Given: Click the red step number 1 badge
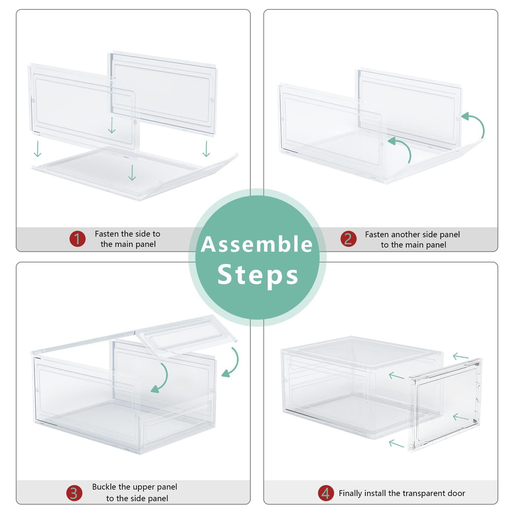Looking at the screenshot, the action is tap(78, 239).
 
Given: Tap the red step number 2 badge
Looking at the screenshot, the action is tap(348, 239).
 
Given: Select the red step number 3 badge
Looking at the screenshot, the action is tap(74, 493).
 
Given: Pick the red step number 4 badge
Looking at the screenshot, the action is tap(326, 493).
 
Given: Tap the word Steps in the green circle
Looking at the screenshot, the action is tap(258, 274).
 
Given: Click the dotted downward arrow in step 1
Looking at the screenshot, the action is tap(111, 125).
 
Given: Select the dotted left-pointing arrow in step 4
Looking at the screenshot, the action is tap(461, 417).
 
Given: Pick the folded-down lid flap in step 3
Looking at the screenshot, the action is tap(187, 335).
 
